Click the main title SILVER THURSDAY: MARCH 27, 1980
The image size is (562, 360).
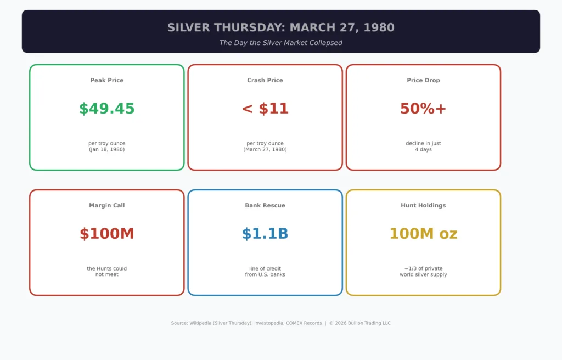coord(280,27)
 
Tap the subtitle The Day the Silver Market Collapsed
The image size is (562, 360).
coord(280,43)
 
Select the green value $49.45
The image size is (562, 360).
coord(106,109)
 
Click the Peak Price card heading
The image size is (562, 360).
coord(106,80)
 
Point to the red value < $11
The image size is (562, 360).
coord(265,109)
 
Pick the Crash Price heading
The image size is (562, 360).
coord(265,80)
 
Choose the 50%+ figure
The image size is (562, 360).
coord(423,109)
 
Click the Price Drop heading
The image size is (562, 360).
coord(423,80)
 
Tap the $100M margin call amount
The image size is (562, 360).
coord(106,234)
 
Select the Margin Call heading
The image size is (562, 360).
coord(106,205)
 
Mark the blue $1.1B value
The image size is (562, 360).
coord(265,234)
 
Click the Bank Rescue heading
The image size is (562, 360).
coord(265,205)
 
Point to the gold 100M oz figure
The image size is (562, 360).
coord(423,234)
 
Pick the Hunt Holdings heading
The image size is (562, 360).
coord(423,205)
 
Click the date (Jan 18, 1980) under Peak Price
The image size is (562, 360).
coord(106,149)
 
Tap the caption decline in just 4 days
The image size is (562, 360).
coord(423,147)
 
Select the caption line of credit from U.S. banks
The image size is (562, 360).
coord(265,272)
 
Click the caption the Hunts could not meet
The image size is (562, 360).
coord(106,272)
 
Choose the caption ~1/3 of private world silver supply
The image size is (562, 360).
coord(423,272)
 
